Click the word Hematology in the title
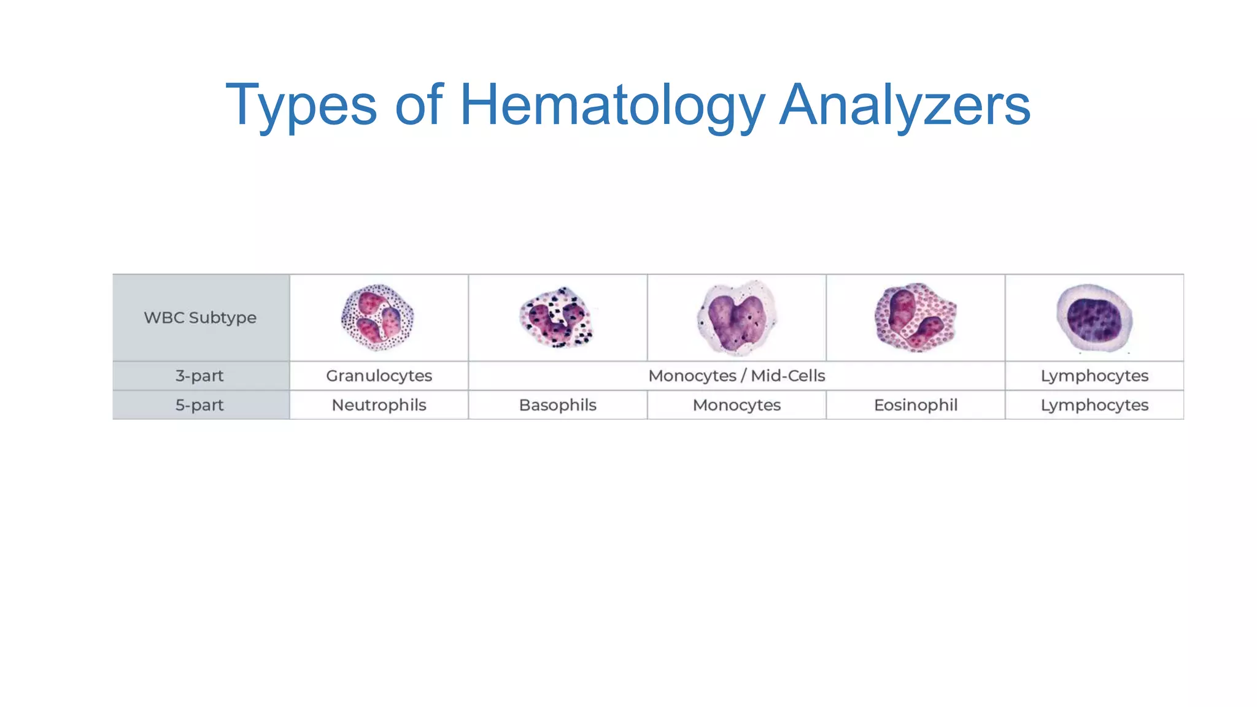pyautogui.click(x=612, y=106)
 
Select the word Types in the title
pyautogui.click(x=301, y=106)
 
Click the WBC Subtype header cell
pyautogui.click(x=200, y=318)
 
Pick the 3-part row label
pyautogui.click(x=200, y=376)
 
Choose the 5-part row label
pyautogui.click(x=200, y=405)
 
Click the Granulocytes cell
pyautogui.click(x=379, y=376)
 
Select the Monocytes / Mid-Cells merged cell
pyautogui.click(x=737, y=376)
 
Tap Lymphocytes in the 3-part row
pyautogui.click(x=1094, y=376)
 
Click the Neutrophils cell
pyautogui.click(x=379, y=405)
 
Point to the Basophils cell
pyautogui.click(x=557, y=405)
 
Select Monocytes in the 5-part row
pyautogui.click(x=737, y=405)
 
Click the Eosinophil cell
pyautogui.click(x=915, y=405)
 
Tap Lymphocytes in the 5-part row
pyautogui.click(x=1094, y=405)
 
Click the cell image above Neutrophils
pyautogui.click(x=377, y=317)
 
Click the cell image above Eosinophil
pyautogui.click(x=915, y=317)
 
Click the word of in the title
pyautogui.click(x=419, y=106)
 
